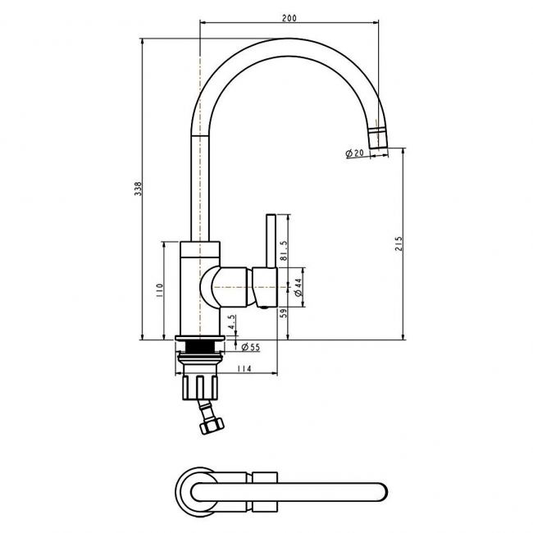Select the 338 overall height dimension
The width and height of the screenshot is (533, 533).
click(x=139, y=189)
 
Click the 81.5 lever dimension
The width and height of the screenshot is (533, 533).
click(x=284, y=247)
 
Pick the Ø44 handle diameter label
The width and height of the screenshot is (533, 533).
click(x=298, y=285)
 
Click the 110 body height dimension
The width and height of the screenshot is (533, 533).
click(x=161, y=289)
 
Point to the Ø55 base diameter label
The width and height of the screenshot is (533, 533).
click(x=250, y=348)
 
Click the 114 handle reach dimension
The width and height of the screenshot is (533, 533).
click(x=244, y=370)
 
